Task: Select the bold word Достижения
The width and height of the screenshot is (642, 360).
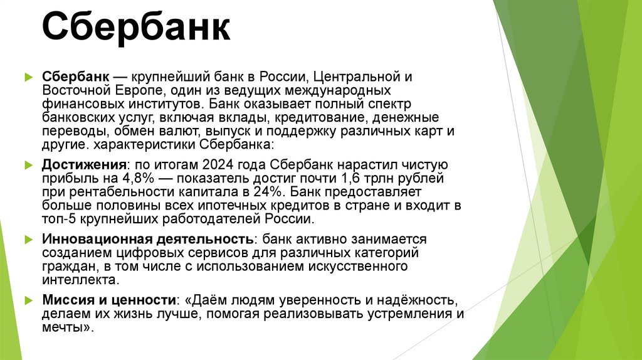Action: (x=84, y=164)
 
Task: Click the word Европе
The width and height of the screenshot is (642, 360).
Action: (x=134, y=90)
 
